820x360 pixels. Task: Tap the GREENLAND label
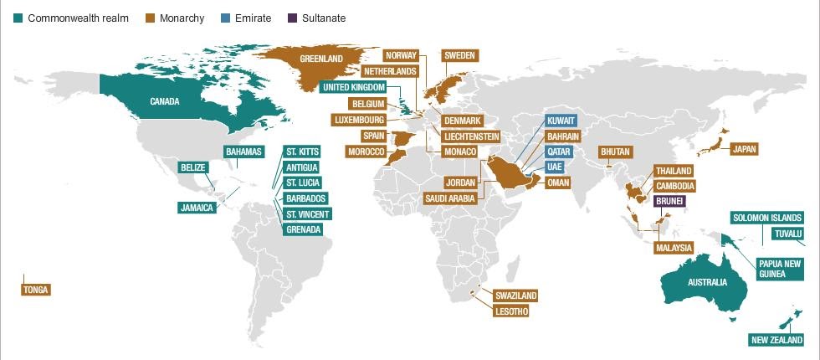[x=321, y=59]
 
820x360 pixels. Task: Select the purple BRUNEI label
[x=670, y=202]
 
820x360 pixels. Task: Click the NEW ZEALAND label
[x=777, y=340]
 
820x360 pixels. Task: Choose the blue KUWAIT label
[x=560, y=121]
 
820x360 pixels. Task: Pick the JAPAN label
[x=746, y=149]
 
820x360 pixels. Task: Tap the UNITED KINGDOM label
[x=354, y=87]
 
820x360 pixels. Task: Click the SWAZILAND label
[x=515, y=296]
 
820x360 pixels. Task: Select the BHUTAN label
[x=616, y=152]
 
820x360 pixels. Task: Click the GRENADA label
[x=303, y=229]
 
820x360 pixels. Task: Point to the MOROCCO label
[x=366, y=152]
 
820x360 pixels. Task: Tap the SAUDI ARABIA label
[x=450, y=198]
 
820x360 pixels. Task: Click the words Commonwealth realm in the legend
[x=78, y=18]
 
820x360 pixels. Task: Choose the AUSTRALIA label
[x=707, y=282]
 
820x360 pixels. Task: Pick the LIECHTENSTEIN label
[x=471, y=136]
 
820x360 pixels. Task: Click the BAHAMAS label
[x=244, y=152]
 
